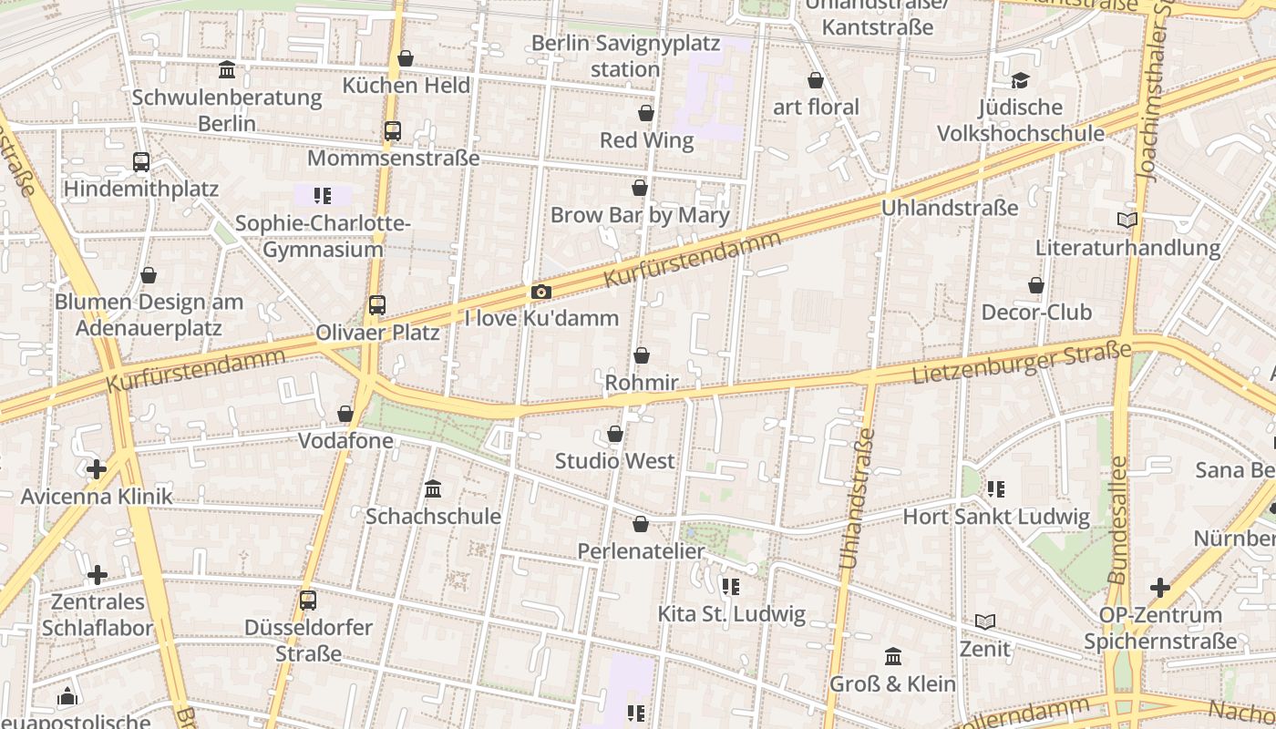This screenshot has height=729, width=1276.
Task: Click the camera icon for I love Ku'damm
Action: [x=540, y=293]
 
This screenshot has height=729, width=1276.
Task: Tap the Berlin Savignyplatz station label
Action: [x=625, y=56]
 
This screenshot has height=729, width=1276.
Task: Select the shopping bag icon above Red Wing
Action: [x=646, y=113]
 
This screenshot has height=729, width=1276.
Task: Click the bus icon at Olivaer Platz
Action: [x=377, y=305]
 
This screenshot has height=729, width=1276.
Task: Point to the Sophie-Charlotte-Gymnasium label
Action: [x=323, y=236]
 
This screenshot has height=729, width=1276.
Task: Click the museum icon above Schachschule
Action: [x=433, y=489]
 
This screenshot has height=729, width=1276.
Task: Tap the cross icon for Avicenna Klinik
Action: [x=97, y=469]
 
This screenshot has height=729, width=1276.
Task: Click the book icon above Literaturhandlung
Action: [x=1127, y=221]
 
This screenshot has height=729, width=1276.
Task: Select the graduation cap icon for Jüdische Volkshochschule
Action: [x=1021, y=81]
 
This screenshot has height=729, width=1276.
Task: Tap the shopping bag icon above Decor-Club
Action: [x=1036, y=285]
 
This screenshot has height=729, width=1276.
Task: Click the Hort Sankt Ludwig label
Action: [x=995, y=517]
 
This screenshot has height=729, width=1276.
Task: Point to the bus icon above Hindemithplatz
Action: [x=141, y=162]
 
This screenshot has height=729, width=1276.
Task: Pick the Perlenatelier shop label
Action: [x=641, y=551]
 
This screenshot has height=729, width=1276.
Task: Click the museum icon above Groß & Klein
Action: [x=893, y=656]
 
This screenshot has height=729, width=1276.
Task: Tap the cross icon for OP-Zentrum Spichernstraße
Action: [x=1159, y=588]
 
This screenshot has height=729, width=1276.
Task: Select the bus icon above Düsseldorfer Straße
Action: [x=308, y=601]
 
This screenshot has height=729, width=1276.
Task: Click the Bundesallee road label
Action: [x=1117, y=519]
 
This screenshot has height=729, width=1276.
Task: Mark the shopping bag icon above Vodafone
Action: [x=345, y=415]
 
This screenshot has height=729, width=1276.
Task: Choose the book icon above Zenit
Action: [x=984, y=622]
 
